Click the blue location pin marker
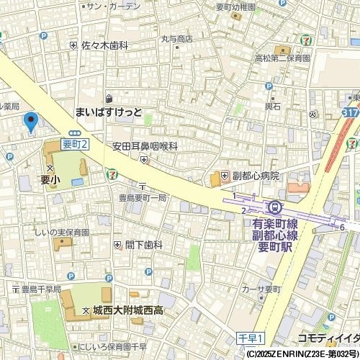point(30,122)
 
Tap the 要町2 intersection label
point(75,144)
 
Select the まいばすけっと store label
point(109,112)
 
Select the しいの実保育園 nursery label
point(62,233)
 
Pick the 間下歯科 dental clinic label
point(144,245)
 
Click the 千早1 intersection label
point(251,337)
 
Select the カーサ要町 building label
point(260,289)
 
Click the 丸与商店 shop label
point(176,39)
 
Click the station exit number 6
point(343,228)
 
